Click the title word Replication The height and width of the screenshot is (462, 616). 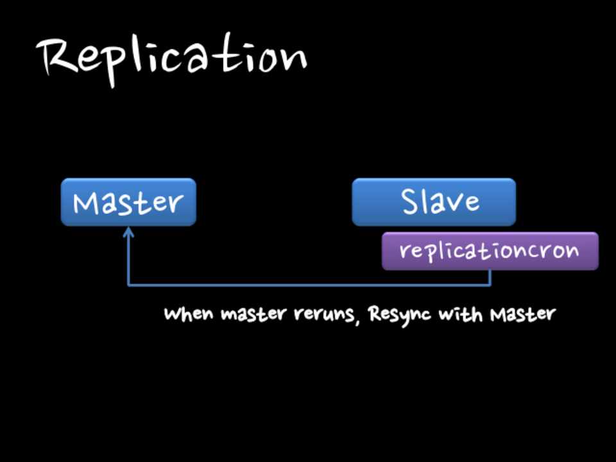(172, 58)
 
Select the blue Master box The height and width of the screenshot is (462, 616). (128, 202)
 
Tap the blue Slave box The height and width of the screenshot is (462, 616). (434, 202)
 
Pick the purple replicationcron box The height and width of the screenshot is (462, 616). (490, 251)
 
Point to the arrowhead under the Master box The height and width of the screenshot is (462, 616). (128, 232)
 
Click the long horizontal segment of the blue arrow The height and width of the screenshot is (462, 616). (308, 284)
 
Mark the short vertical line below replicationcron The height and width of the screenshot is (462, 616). (491, 277)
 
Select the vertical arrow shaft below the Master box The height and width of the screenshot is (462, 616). (128, 260)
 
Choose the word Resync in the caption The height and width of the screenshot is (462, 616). (401, 315)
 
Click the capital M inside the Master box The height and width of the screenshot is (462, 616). (87, 203)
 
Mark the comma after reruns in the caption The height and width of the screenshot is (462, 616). (356, 320)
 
